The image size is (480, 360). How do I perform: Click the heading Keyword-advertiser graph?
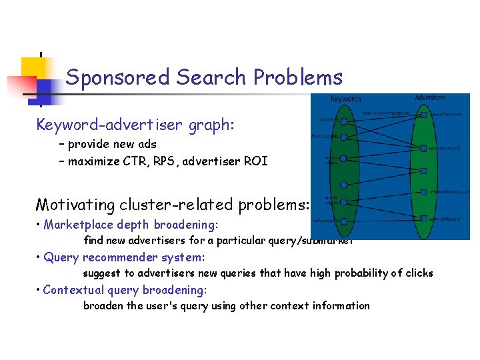click(135, 125)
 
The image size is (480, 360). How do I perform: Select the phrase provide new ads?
click(112, 144)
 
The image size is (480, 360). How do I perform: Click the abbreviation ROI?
click(255, 161)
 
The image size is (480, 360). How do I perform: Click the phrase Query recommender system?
click(123, 257)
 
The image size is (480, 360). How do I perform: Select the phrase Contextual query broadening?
click(124, 290)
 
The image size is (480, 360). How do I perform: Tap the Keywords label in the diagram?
click(346, 99)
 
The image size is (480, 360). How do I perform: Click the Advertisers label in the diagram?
click(430, 97)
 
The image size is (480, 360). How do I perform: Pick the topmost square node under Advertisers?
click(424, 115)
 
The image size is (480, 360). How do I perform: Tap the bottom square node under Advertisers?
click(424, 219)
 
